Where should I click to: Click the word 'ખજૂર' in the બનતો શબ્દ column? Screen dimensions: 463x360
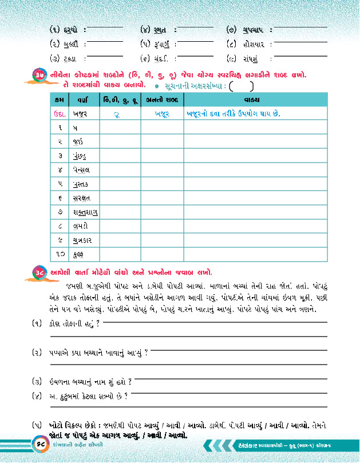(x=163, y=114)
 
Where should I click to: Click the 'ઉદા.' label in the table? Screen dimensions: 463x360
(x=60, y=114)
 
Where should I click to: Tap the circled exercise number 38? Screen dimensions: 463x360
(x=39, y=271)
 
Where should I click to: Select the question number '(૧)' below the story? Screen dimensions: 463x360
(x=38, y=324)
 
